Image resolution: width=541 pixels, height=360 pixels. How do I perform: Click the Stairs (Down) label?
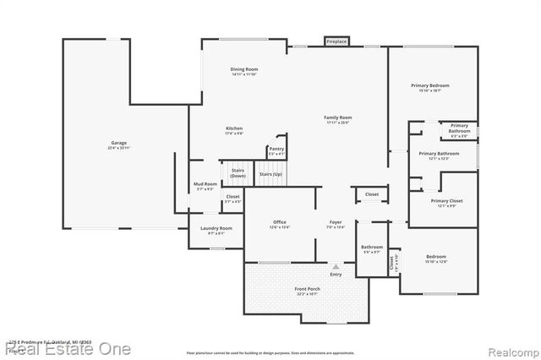(x=238, y=172)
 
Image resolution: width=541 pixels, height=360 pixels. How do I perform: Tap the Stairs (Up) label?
(x=270, y=174)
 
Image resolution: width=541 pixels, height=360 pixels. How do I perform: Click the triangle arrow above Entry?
(x=336, y=266)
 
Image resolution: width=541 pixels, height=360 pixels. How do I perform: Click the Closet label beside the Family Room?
(x=372, y=194)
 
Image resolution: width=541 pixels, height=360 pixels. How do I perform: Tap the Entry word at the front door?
(x=336, y=274)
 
